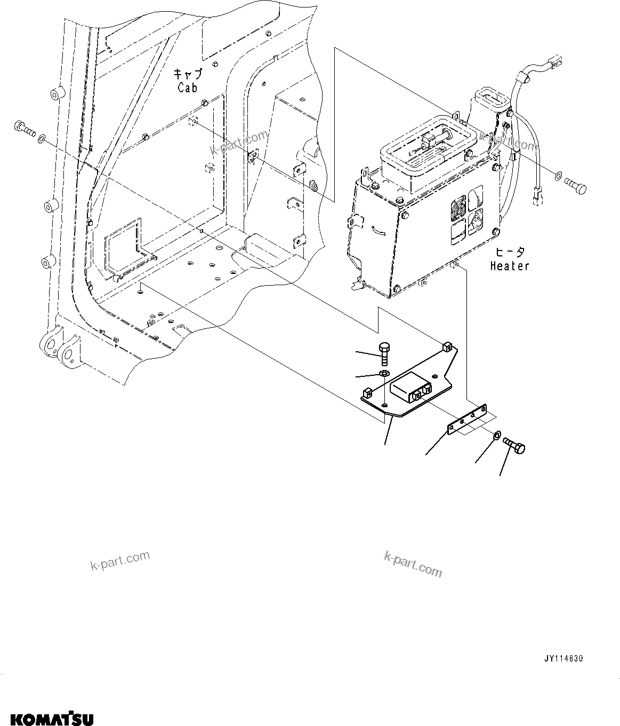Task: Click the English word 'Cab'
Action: click(188, 87)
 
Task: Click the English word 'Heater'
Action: click(510, 265)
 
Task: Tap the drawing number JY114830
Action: click(564, 659)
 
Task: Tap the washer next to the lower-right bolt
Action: click(496, 435)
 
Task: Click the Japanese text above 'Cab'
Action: click(187, 74)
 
